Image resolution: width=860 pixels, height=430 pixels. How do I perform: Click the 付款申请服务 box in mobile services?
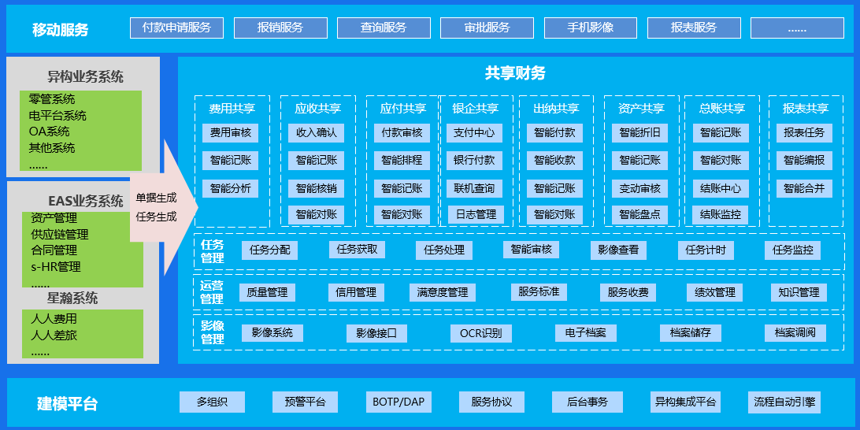tap(176, 28)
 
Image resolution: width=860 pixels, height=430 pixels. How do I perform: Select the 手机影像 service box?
tap(591, 28)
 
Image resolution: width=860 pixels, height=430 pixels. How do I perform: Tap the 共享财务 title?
tap(515, 74)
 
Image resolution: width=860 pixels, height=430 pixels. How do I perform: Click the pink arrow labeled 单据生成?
tap(156, 198)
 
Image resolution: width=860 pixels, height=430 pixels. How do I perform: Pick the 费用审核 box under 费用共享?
tap(231, 133)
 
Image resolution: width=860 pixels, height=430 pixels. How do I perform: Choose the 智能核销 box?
tap(317, 188)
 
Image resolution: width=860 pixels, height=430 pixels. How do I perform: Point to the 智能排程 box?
tap(402, 161)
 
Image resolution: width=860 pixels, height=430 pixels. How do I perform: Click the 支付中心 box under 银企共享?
tap(474, 133)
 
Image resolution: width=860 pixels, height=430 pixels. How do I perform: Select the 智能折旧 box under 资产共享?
tap(639, 133)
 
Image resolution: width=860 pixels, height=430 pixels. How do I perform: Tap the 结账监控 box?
tap(721, 214)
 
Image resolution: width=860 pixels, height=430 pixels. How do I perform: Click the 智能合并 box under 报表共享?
tap(804, 188)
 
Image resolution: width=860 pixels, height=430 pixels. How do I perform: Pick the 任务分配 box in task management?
tap(269, 250)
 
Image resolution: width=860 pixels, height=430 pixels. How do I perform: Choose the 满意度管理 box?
tap(443, 292)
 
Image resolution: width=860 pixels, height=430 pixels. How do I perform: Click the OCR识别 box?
tap(481, 333)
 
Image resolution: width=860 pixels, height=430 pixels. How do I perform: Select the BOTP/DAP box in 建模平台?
tap(398, 402)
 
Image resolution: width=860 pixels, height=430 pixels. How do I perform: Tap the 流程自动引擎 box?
tap(784, 402)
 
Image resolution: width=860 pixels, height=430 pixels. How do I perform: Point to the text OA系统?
tap(49, 132)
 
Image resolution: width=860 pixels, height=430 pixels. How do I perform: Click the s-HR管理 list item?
tap(56, 267)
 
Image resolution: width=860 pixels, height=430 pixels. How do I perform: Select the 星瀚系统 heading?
tap(72, 298)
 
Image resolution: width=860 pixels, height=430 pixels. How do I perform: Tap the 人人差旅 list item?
tap(54, 335)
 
